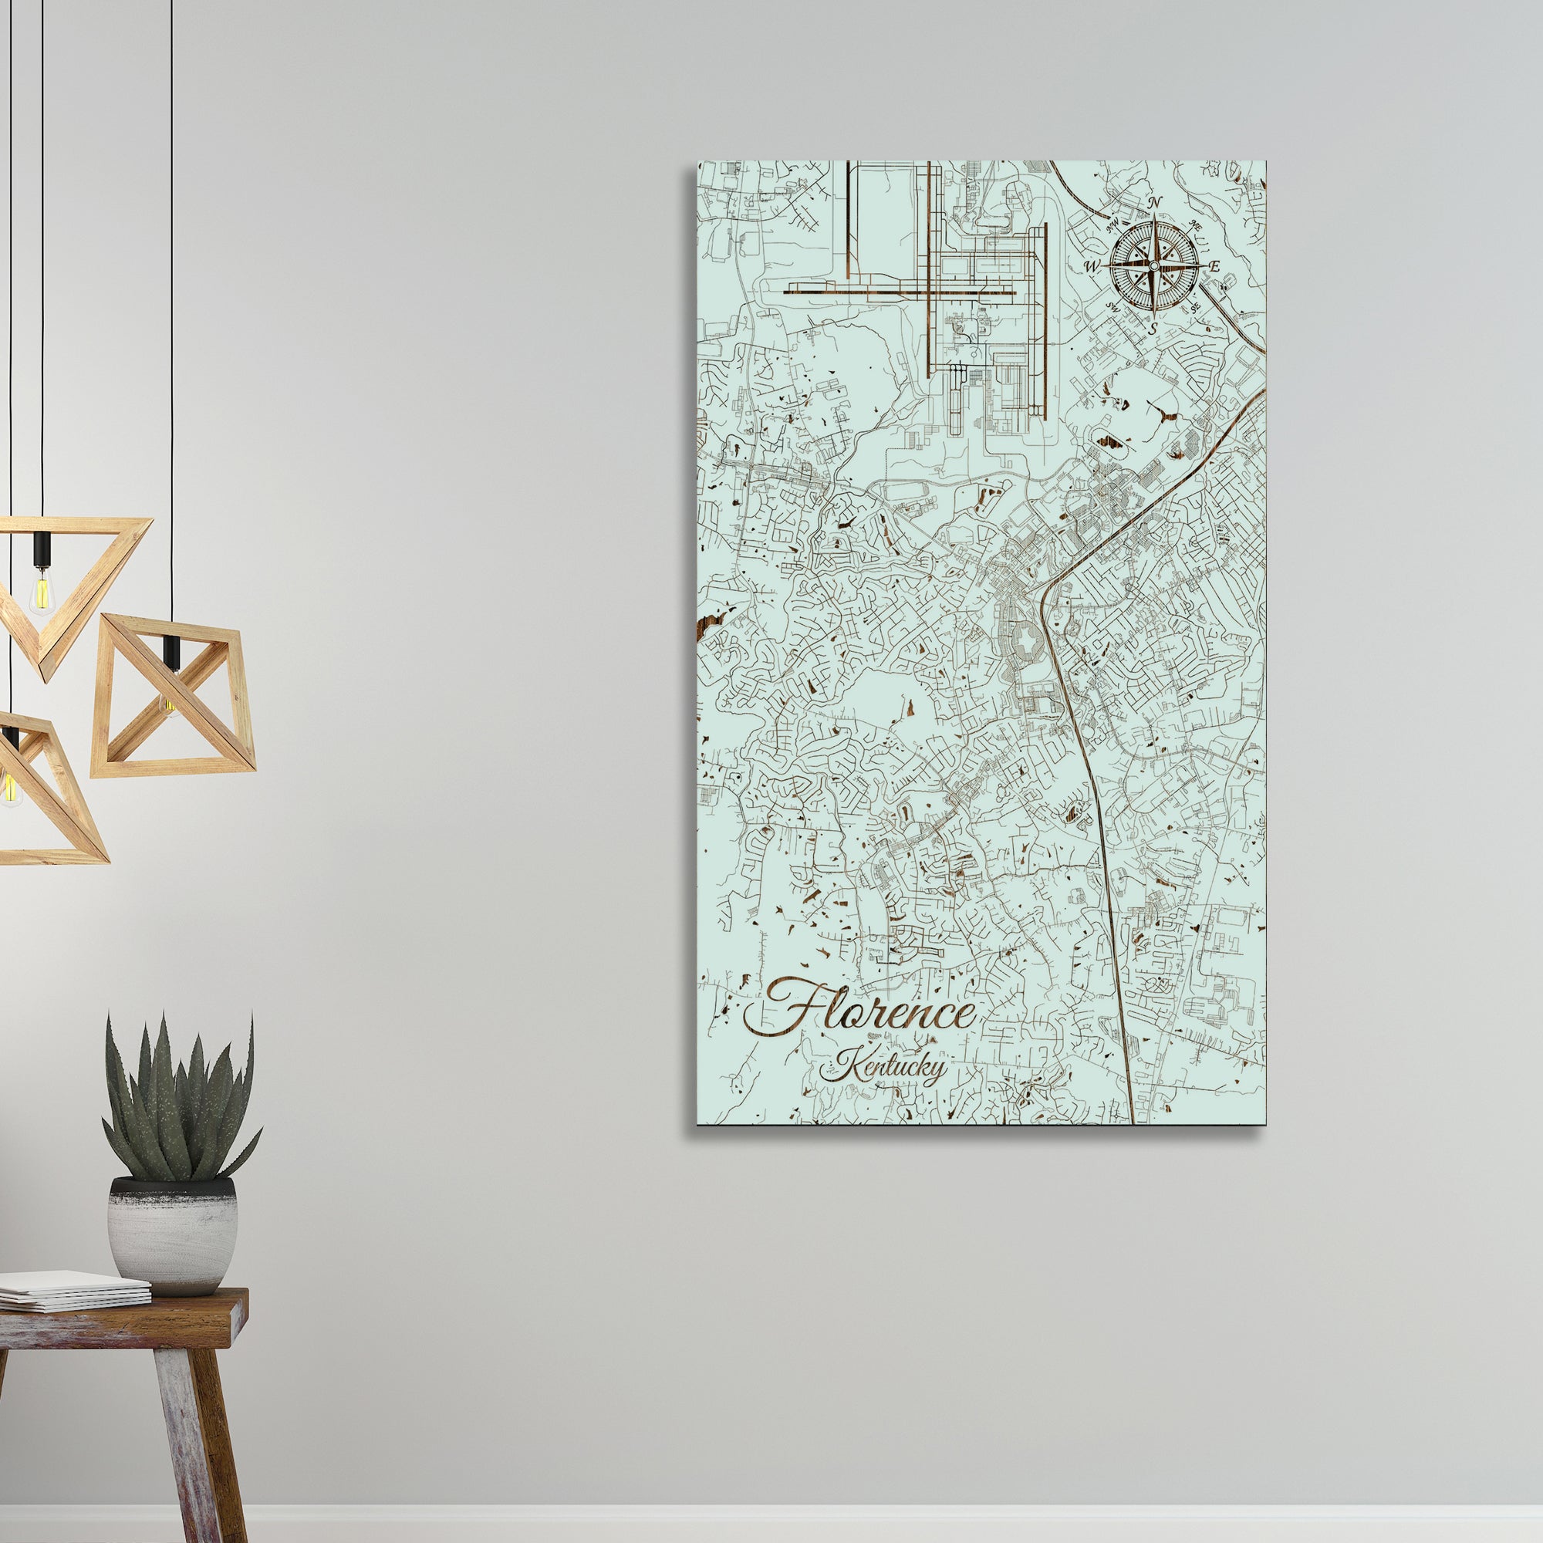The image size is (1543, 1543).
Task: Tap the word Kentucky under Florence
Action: pyautogui.click(x=883, y=1069)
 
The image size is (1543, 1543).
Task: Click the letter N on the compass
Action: pyautogui.click(x=1154, y=204)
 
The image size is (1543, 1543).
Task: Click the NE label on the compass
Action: pyautogui.click(x=1196, y=226)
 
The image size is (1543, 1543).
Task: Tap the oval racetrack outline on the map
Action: pyautogui.click(x=1110, y=438)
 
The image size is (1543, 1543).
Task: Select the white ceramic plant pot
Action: pyautogui.click(x=173, y=1234)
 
